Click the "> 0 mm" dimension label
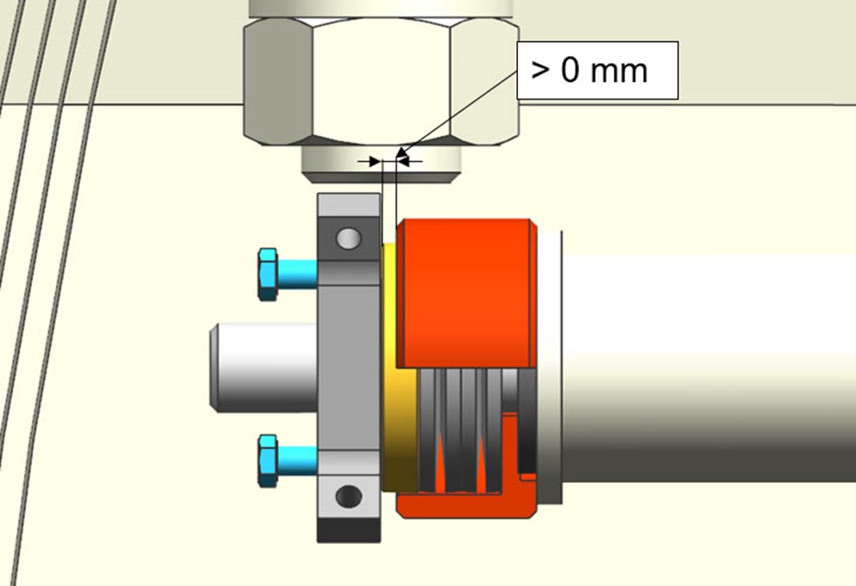[x=589, y=71]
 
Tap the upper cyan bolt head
[x=268, y=274]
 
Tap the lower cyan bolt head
[x=268, y=460]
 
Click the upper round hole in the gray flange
[x=349, y=238]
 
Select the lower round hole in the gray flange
[x=349, y=496]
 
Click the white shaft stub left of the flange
[x=264, y=367]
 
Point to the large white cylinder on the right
[x=708, y=367]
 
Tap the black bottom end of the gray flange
[x=349, y=530]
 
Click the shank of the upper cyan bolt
[x=298, y=274]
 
